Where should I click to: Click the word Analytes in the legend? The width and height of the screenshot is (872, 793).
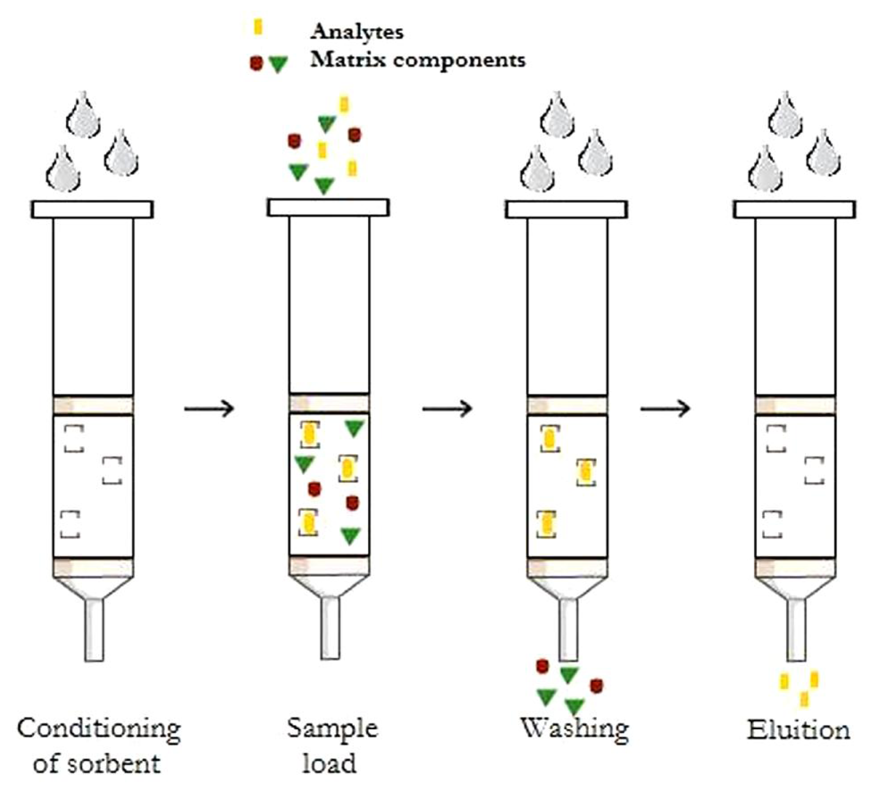pos(357,32)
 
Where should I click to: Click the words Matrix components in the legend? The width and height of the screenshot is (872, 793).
pos(418,59)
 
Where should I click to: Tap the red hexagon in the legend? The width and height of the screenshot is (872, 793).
pos(256,63)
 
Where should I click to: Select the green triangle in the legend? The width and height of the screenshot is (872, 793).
pos(278,64)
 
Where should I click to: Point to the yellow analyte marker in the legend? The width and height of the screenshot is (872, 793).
pos(258,27)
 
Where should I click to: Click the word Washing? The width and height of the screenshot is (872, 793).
pos(574,728)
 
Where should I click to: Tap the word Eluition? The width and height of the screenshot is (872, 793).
pos(799,730)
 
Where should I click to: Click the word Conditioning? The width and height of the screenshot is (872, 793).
pos(99,729)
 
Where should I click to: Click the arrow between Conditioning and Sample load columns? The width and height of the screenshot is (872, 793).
pos(209,409)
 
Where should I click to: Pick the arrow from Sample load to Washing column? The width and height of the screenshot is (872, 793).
pos(447,409)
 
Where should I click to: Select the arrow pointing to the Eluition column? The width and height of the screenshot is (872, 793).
pos(665,409)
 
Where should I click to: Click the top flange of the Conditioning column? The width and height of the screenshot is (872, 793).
pos(93,209)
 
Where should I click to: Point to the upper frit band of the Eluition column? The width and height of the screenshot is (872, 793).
pos(795,405)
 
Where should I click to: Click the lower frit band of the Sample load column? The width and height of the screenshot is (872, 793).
pos(329,566)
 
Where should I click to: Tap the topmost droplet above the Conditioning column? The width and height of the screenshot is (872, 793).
pos(84,115)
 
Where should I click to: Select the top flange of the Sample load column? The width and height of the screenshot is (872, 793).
pos(328,207)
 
